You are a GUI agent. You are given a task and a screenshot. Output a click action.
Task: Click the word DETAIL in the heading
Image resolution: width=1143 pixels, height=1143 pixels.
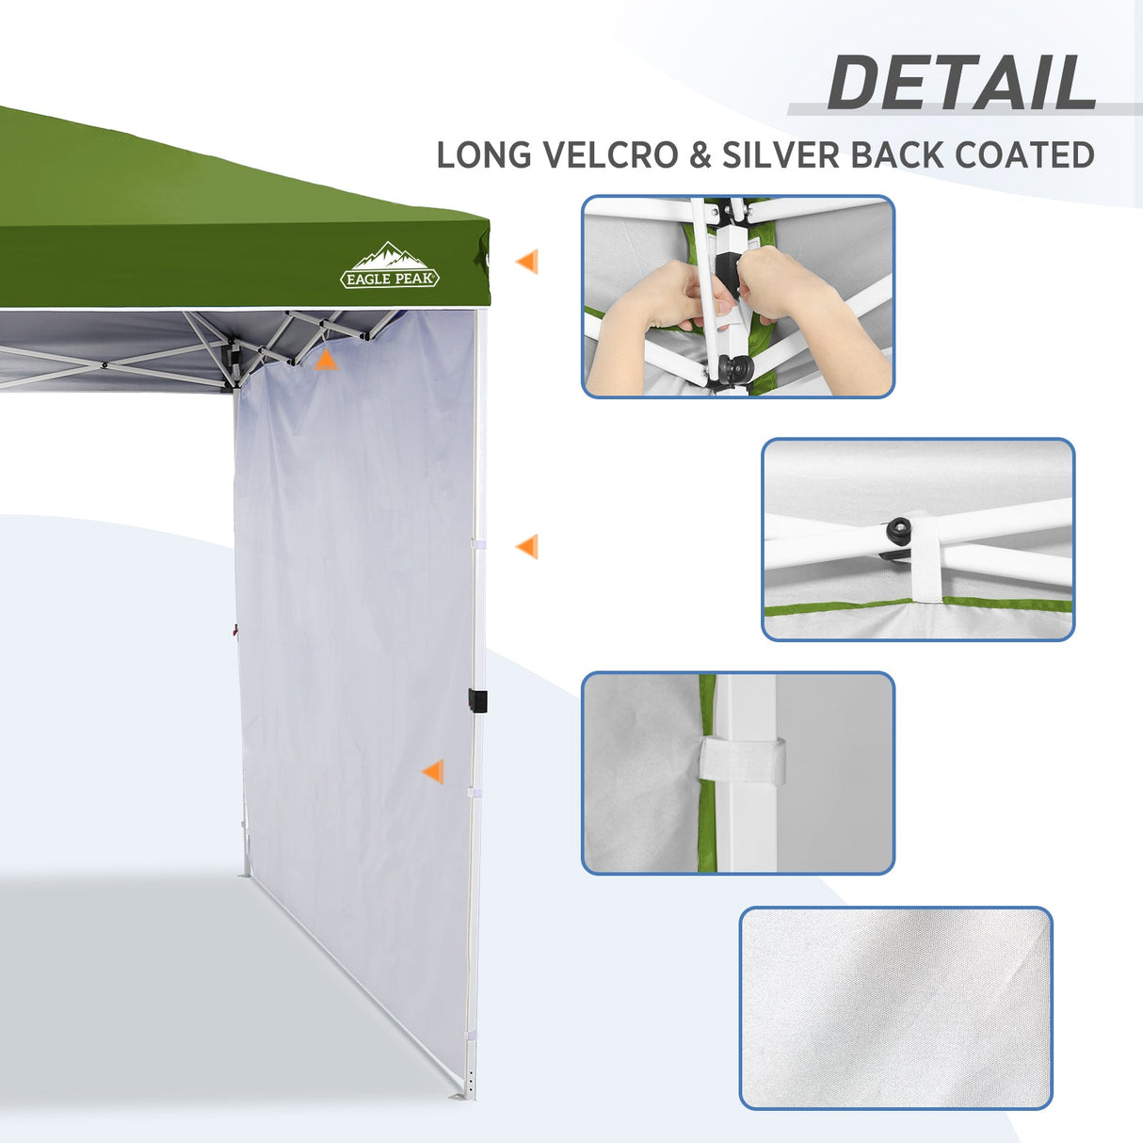click(961, 83)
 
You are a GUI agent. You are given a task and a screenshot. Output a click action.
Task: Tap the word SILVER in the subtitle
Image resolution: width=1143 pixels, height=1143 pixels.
click(781, 155)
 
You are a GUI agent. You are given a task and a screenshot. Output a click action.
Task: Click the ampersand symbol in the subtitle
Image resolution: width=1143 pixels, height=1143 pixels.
click(700, 155)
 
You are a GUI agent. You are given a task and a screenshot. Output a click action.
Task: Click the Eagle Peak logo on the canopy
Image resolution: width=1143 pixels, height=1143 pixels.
click(390, 267)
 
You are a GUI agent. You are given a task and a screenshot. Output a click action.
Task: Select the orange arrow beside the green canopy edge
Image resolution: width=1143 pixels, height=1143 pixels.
click(527, 262)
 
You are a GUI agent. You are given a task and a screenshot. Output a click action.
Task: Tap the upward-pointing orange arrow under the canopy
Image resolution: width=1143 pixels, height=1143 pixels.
click(325, 359)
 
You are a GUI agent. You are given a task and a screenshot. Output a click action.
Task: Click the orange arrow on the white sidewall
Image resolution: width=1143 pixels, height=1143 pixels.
click(433, 772)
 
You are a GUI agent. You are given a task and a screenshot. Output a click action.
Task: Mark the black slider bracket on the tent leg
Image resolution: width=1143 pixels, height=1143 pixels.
click(477, 701)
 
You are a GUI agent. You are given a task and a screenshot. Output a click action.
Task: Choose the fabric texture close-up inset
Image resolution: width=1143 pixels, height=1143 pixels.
click(895, 1007)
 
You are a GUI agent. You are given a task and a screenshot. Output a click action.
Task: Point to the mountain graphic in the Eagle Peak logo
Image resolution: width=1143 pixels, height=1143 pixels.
click(389, 254)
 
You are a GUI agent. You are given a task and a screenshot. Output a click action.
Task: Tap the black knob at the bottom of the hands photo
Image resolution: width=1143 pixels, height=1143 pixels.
click(729, 367)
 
